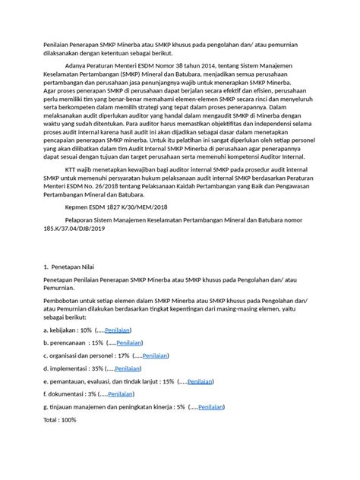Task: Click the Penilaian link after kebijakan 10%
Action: (118, 331)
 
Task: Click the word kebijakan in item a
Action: (62, 331)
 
